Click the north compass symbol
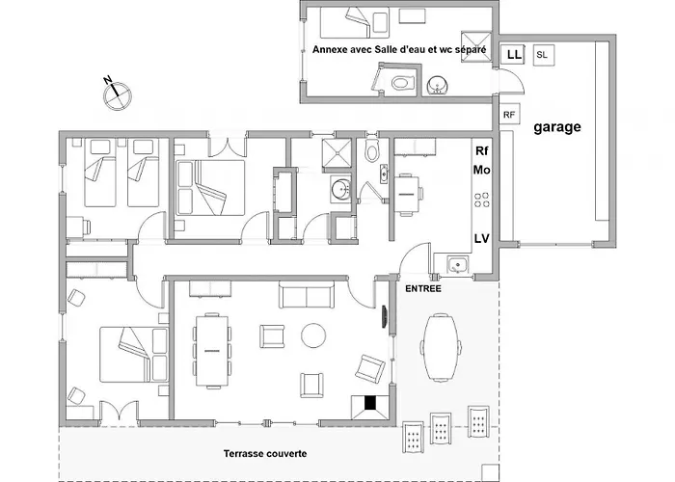point(117,94)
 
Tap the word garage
point(557,127)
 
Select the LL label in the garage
point(514,55)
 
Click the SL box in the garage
point(543,55)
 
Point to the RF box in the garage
point(509,115)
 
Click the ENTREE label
point(423,289)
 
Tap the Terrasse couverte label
point(265,453)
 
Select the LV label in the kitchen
point(482,238)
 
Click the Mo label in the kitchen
point(482,170)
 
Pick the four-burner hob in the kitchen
point(482,201)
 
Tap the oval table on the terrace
point(441,348)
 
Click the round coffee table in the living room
point(313,335)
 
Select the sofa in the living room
point(307,295)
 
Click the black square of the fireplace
point(370,403)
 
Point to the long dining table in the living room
point(212,351)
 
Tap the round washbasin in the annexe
point(438,85)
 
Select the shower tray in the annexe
point(476,46)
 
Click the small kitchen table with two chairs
point(407,195)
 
